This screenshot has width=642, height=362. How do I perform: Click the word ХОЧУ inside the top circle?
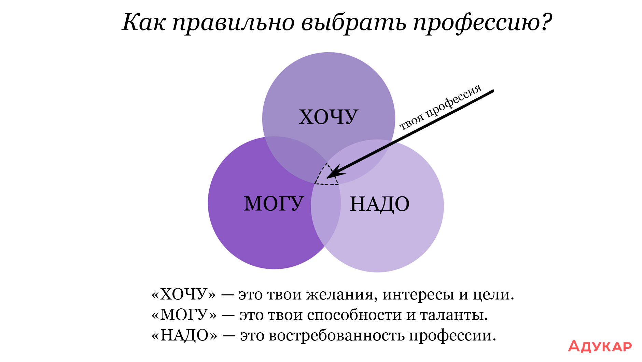[x=329, y=117]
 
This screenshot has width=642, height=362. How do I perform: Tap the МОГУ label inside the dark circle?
[x=274, y=204]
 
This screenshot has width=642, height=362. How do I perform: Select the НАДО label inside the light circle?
[x=380, y=204]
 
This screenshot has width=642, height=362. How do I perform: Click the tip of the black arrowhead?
[x=327, y=178]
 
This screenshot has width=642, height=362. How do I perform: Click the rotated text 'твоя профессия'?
[x=441, y=107]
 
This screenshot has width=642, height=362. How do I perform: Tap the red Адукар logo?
[x=600, y=346]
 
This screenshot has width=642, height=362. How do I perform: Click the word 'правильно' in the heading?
[x=234, y=23]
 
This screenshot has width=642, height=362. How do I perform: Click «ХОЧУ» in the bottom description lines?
[x=183, y=294]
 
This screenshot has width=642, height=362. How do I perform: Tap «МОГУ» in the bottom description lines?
[x=184, y=315]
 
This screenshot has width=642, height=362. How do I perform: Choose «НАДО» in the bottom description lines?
[x=184, y=335]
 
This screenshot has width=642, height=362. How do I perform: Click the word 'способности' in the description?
[x=354, y=315]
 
